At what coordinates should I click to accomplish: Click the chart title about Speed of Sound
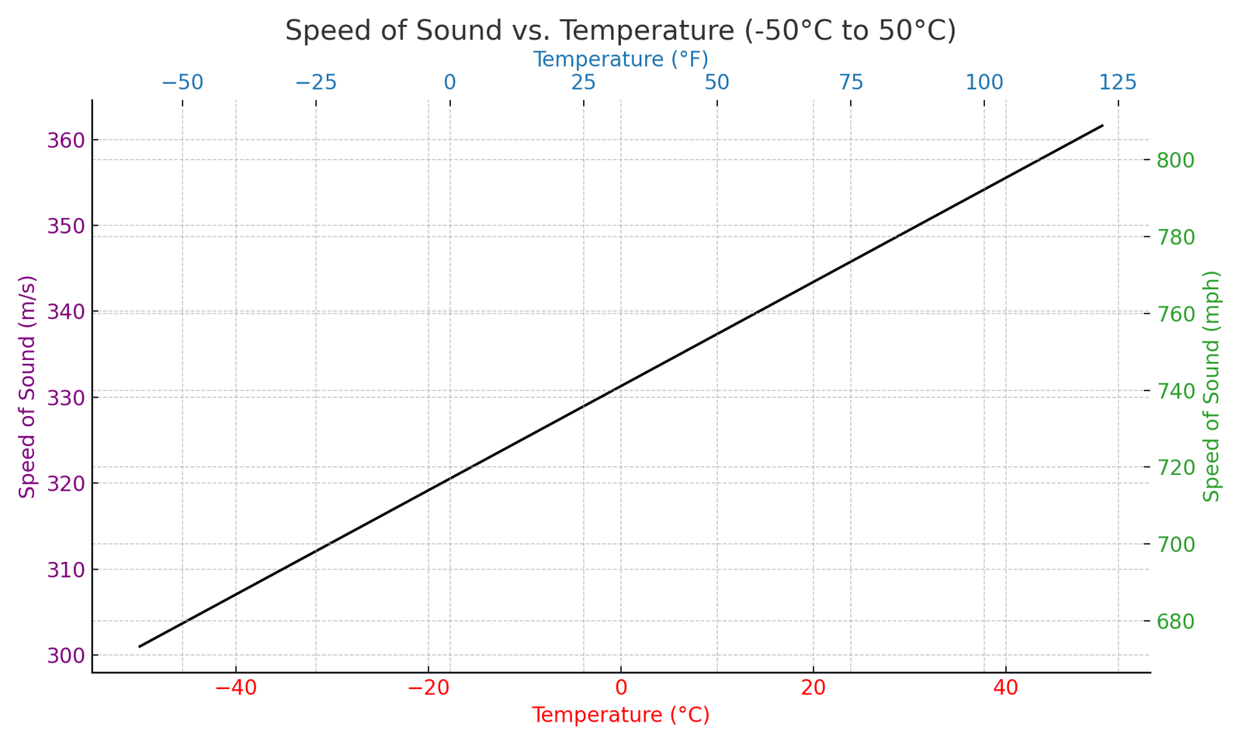[620, 31]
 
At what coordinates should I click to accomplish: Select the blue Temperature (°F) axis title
[620, 59]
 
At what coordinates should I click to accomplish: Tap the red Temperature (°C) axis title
[620, 715]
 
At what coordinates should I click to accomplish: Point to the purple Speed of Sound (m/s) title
[28, 386]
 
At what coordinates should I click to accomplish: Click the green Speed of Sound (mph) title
[1212, 386]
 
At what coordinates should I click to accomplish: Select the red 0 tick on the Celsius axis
[621, 688]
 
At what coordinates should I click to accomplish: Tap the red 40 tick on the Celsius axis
[1006, 688]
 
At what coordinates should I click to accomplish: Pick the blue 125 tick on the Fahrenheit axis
[1118, 82]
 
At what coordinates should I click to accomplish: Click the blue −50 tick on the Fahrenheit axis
[182, 82]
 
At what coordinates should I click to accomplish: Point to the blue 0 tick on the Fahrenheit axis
[450, 82]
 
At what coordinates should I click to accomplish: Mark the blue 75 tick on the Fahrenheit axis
[851, 82]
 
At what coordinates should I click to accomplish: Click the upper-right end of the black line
[1102, 125]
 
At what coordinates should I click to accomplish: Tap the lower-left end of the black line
[140, 646]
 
